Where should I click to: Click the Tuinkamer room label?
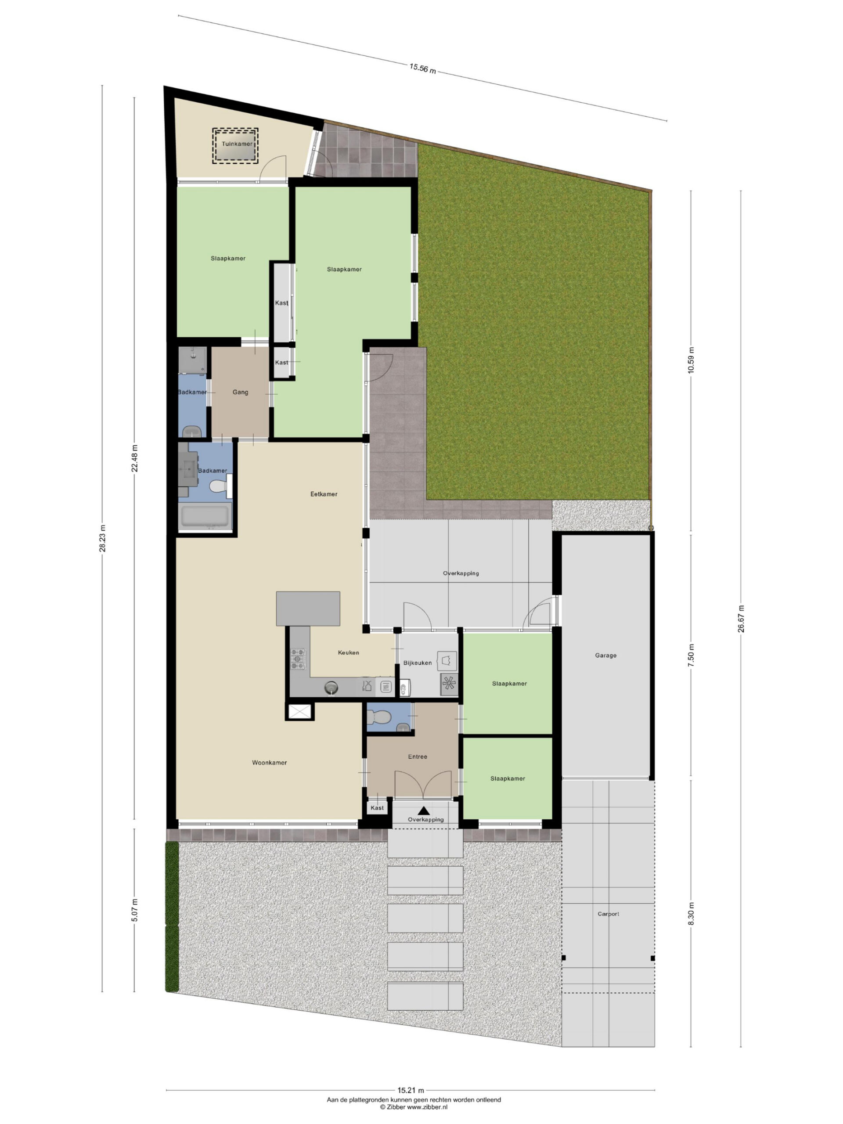(237, 144)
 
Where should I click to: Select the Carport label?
(608, 914)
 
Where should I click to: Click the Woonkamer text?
(269, 763)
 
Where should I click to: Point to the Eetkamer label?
(324, 494)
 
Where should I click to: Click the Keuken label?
(349, 652)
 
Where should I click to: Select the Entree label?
(418, 757)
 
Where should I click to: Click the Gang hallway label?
(240, 392)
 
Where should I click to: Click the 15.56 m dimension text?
(423, 68)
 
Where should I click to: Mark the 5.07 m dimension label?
(135, 910)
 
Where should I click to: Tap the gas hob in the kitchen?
(298, 659)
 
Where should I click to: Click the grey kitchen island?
(308, 608)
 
